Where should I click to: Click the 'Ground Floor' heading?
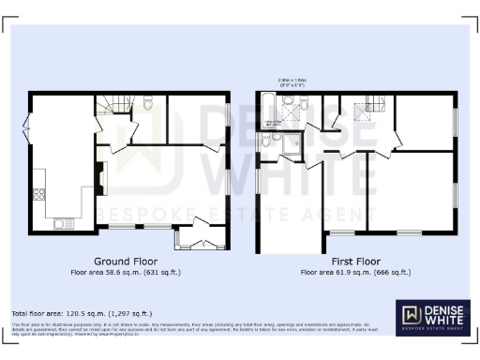point(125,262)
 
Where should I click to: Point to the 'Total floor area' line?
point(81,313)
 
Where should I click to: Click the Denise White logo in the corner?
point(430,317)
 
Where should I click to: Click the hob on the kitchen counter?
point(39,195)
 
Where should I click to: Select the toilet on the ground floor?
point(147,106)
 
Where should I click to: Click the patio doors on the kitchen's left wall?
point(28,128)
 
